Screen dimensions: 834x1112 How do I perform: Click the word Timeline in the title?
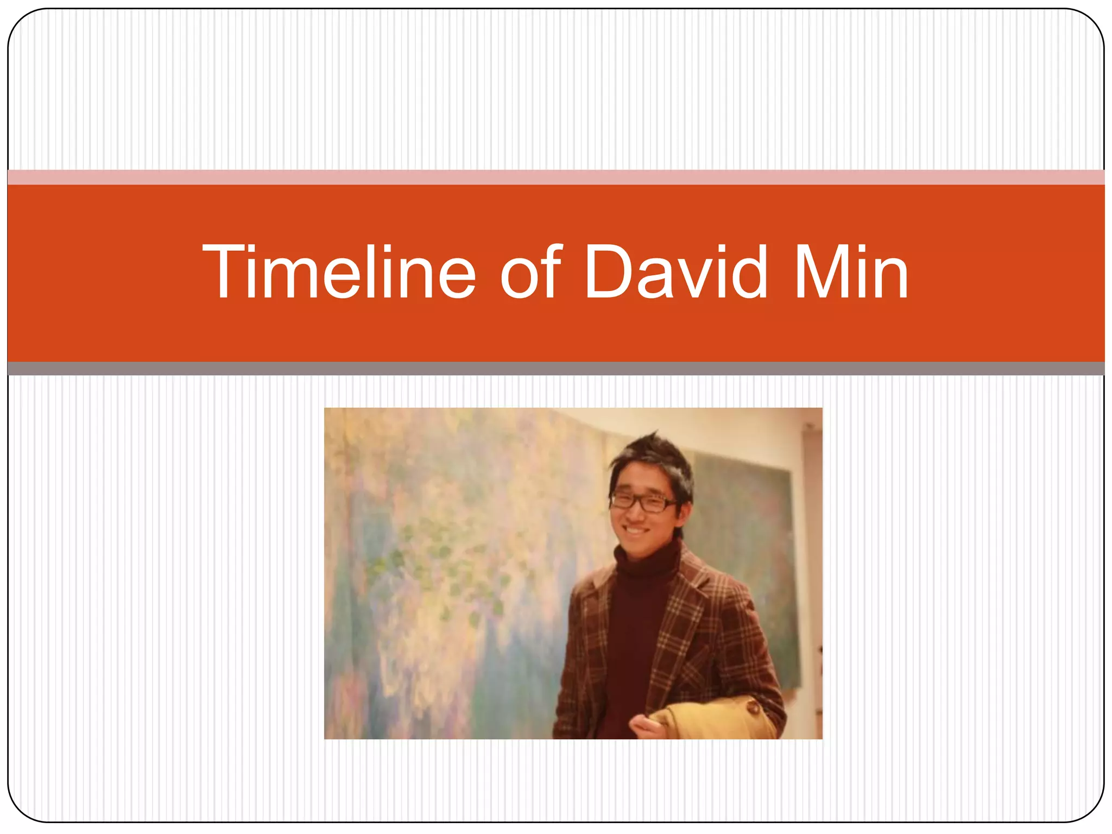[x=339, y=271]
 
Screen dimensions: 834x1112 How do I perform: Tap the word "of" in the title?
[x=530, y=271]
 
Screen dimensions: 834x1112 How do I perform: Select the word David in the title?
[x=676, y=271]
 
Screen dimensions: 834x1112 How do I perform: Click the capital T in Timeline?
[x=224, y=271]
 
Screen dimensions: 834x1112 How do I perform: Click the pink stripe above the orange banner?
[x=556, y=177]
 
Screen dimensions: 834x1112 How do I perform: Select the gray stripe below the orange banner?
[x=556, y=369]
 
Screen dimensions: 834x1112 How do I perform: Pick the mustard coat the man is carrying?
[x=717, y=719]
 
